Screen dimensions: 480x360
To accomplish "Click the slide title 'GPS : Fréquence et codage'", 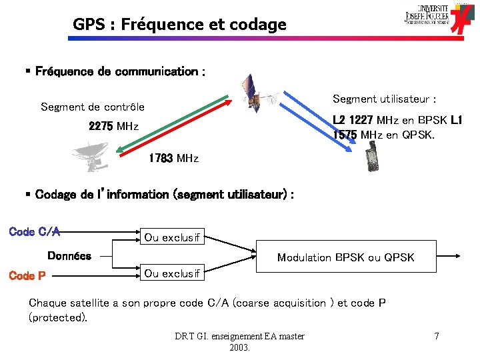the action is [x=179, y=25].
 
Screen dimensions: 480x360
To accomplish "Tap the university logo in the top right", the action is [x=441, y=19].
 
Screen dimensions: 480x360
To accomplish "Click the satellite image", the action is [x=257, y=95].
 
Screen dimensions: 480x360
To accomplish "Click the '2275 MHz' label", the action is [x=113, y=126].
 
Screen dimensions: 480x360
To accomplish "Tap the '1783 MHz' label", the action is [x=173, y=158].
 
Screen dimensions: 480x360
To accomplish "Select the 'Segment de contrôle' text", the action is [x=93, y=107].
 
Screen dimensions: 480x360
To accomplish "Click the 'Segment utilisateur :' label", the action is [x=385, y=99].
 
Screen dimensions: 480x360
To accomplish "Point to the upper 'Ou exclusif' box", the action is [x=172, y=237].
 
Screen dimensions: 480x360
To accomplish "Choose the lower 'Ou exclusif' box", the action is [x=172, y=273].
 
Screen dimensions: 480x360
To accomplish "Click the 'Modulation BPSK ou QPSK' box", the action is [x=345, y=257].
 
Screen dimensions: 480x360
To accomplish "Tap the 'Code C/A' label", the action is [x=35, y=232].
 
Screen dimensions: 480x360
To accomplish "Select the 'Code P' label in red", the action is [x=27, y=275].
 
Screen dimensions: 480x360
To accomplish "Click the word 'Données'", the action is [x=69, y=255].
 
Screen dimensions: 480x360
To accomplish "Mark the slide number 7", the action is [x=436, y=336].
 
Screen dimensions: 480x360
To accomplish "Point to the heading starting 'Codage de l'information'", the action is [x=163, y=194].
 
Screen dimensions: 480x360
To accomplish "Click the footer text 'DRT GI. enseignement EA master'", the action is [x=239, y=336].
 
